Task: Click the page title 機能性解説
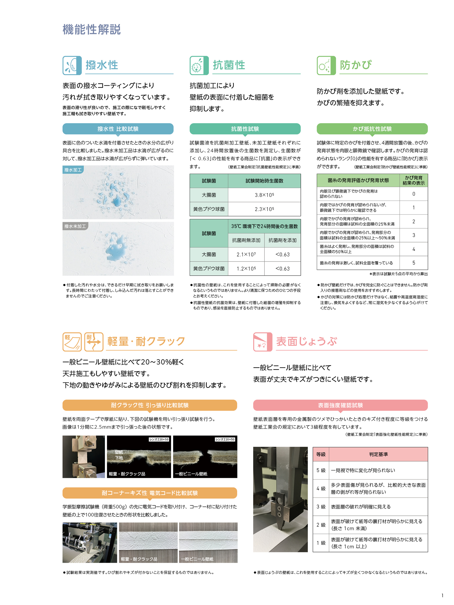point(92,30)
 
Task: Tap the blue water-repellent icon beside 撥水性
point(72,66)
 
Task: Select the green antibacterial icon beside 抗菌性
point(199,66)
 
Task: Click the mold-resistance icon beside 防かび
point(326,66)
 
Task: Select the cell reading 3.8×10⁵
point(264,195)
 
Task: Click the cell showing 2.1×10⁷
point(246,254)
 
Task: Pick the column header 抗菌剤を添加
point(282,240)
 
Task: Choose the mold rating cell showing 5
point(414,263)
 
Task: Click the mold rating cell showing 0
point(414,194)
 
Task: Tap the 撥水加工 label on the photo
point(73,170)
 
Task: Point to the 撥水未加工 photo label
point(75,226)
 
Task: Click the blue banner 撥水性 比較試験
point(118,129)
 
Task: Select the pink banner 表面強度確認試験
point(340,405)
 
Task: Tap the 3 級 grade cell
point(321,506)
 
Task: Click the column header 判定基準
point(378,454)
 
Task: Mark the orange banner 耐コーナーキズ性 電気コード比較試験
point(150,493)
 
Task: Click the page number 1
point(442,595)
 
